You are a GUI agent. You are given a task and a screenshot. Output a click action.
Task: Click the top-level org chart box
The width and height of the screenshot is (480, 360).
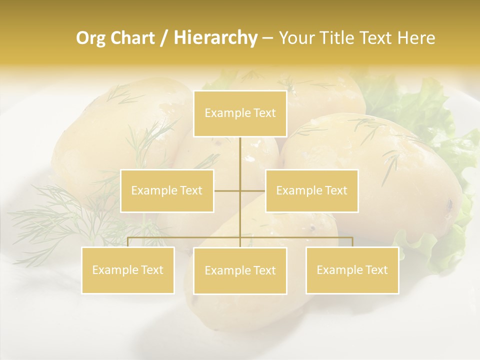240,113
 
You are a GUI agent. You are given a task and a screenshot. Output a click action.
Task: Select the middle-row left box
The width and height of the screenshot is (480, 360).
167,190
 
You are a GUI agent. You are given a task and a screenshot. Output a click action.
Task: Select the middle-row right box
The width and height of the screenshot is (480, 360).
311,190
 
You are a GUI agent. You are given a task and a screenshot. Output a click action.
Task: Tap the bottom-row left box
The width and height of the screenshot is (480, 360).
127,270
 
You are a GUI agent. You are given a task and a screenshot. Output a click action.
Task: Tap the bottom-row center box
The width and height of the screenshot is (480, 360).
240,270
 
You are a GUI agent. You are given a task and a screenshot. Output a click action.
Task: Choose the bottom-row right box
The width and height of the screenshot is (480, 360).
352,270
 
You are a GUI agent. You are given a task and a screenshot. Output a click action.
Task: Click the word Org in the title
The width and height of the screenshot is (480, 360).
89,38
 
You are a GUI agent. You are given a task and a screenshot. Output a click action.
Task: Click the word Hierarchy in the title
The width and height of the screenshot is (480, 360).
215,38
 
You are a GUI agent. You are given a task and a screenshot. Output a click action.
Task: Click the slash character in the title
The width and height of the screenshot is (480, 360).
164,38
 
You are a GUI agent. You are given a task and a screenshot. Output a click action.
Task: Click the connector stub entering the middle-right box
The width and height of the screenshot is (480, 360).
253,190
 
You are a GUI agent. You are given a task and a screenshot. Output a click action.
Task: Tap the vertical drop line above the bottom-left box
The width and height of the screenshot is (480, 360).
127,242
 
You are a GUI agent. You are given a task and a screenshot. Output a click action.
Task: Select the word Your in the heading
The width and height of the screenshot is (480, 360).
294,38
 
